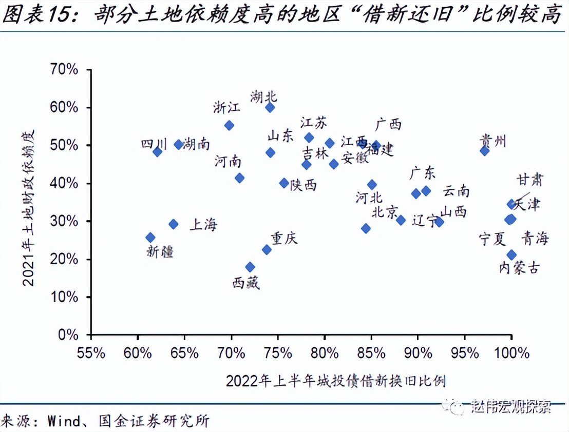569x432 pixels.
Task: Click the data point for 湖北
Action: (270, 107)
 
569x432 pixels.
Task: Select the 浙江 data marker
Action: (229, 125)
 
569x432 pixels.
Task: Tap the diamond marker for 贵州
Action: (484, 151)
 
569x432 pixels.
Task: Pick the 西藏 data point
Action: (250, 267)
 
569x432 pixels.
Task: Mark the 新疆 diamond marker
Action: (150, 237)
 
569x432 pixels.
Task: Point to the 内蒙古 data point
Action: (511, 255)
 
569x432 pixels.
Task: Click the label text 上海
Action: (204, 224)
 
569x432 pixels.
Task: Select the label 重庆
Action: (284, 238)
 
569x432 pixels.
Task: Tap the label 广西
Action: (388, 124)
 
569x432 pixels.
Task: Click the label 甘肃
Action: (530, 180)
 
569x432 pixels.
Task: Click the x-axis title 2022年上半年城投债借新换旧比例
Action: (335, 381)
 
